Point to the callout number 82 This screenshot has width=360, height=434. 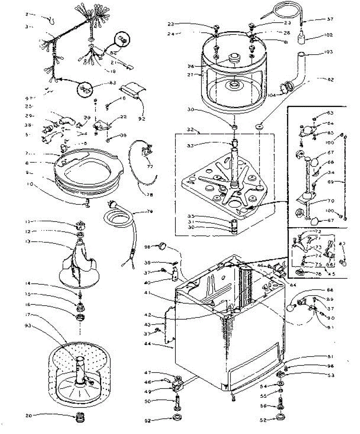[330, 79]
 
